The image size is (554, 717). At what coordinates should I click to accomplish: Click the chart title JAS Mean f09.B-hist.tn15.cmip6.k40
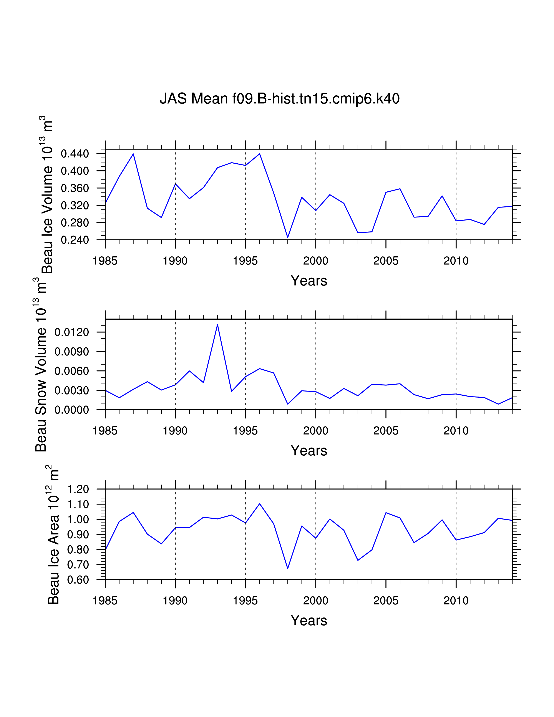click(x=279, y=98)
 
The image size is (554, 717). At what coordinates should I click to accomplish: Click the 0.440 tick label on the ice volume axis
click(x=75, y=154)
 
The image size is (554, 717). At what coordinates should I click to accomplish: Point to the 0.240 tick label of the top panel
click(x=75, y=240)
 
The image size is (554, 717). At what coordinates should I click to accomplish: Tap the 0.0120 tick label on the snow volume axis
click(x=71, y=332)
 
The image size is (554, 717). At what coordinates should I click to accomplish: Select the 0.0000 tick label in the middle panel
click(x=71, y=410)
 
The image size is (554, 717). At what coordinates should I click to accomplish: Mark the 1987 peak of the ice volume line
click(x=133, y=154)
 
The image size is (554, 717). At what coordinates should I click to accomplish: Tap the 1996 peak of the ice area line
click(x=260, y=504)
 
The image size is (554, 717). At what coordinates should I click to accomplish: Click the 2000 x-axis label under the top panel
click(x=315, y=261)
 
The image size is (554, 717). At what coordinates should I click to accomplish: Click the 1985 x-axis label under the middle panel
click(x=105, y=431)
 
